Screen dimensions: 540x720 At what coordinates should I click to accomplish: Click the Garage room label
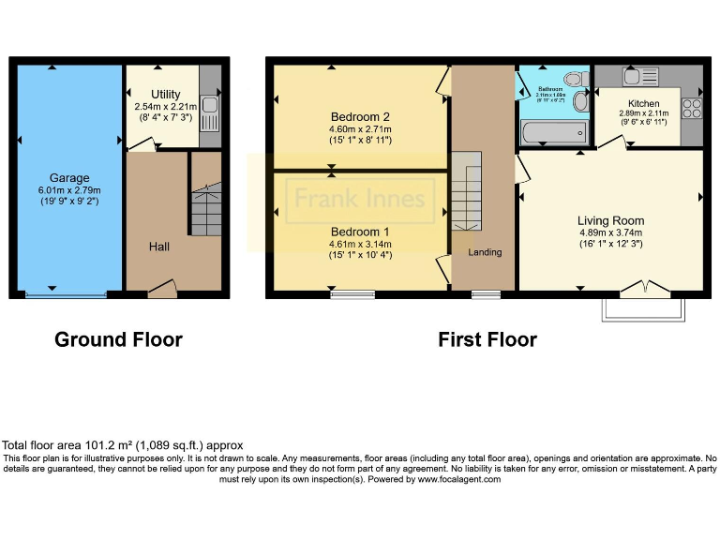(x=69, y=178)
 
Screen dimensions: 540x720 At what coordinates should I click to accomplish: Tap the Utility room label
(x=165, y=95)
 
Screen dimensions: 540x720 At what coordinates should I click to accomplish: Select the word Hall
(x=159, y=247)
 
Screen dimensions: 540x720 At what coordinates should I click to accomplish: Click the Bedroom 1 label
(x=359, y=231)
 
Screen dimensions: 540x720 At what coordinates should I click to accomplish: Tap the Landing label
(x=485, y=252)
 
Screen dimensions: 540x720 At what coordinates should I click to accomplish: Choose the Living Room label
(x=610, y=221)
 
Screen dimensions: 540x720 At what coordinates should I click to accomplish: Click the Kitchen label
(x=643, y=103)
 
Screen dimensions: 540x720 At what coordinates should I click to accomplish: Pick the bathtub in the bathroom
(x=553, y=132)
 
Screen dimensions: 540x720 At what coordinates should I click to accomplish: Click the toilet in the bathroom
(x=580, y=101)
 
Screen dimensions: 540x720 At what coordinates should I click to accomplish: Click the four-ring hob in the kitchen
(x=693, y=108)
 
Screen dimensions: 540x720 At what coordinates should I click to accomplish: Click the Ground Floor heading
(x=118, y=339)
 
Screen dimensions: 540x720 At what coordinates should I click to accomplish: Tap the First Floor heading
(x=487, y=339)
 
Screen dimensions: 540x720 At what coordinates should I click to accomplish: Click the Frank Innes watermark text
(x=360, y=199)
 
